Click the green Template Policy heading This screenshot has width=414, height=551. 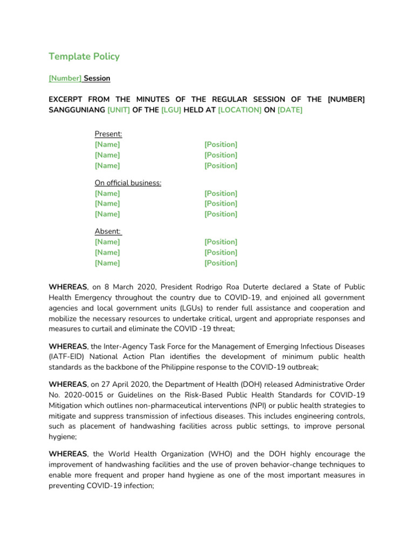[x=84, y=56]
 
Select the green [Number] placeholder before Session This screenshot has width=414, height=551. [x=65, y=79]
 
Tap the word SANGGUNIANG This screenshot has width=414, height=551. [x=77, y=110]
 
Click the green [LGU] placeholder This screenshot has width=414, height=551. [x=170, y=110]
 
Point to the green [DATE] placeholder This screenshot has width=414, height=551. [x=290, y=110]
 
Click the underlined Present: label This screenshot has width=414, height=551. [x=108, y=134]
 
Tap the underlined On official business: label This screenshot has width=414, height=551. [x=128, y=183]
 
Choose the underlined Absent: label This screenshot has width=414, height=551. [x=108, y=232]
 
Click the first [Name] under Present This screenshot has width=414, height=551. [x=107, y=145]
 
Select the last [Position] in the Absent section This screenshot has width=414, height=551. [x=220, y=263]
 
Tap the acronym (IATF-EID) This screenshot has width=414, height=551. [x=68, y=357]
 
